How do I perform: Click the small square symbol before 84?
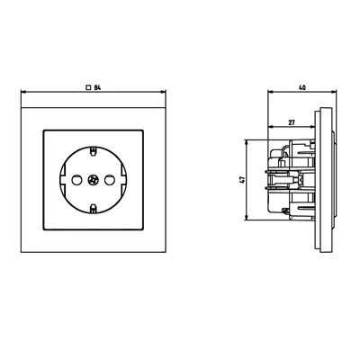[87, 86]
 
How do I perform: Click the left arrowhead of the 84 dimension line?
[22, 93]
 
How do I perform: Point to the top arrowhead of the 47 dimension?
[248, 142]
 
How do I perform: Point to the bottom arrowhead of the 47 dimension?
[248, 219]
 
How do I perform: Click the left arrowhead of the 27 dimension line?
[269, 128]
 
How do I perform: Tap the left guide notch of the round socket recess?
[61, 180]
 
